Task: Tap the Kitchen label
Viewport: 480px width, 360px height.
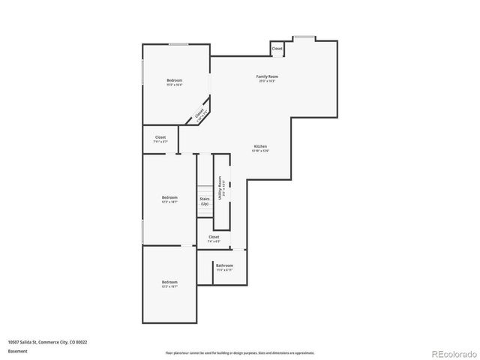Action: [x=260, y=146]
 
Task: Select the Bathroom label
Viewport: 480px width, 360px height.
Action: [x=224, y=265]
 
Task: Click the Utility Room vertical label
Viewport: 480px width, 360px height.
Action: [x=220, y=186]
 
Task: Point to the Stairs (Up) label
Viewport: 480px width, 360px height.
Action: [x=204, y=201]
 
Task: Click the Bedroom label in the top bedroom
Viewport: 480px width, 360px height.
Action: [x=174, y=80]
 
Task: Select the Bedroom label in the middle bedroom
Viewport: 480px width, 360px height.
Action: [x=169, y=197]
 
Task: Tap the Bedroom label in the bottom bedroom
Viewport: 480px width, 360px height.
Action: [x=169, y=282]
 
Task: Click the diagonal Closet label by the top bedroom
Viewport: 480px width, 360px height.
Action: [x=199, y=115]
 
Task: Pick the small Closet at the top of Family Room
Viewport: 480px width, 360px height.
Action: [x=277, y=49]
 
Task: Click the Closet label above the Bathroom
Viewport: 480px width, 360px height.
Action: [x=214, y=238]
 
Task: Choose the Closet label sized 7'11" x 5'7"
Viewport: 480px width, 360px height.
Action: [x=160, y=138]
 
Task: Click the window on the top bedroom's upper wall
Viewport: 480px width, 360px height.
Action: [x=178, y=44]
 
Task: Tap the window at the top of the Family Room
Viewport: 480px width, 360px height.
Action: [x=304, y=36]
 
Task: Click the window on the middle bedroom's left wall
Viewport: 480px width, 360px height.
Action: [x=142, y=231]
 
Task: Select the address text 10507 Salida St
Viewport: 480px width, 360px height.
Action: [x=47, y=341]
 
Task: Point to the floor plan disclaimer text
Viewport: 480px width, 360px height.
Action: [x=240, y=352]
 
